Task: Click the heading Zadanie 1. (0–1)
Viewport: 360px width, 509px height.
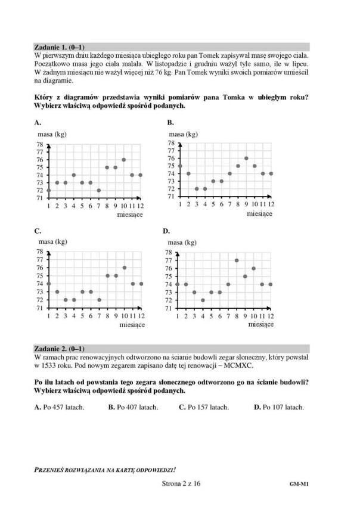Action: coord(60,46)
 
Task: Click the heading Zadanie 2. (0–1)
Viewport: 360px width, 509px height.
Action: coord(60,348)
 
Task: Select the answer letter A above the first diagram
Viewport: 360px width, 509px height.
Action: coord(38,122)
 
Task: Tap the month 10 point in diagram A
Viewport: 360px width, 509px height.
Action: coord(123,160)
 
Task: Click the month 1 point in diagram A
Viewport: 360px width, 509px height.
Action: coord(48,190)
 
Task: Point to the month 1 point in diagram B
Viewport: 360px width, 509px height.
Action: coord(179,166)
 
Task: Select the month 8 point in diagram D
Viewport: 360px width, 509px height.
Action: coord(237,260)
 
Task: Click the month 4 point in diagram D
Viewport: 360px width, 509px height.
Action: coord(202,300)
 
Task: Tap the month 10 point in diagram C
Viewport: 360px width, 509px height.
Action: coord(124,268)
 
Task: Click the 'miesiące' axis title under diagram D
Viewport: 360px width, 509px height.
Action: coord(261,325)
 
